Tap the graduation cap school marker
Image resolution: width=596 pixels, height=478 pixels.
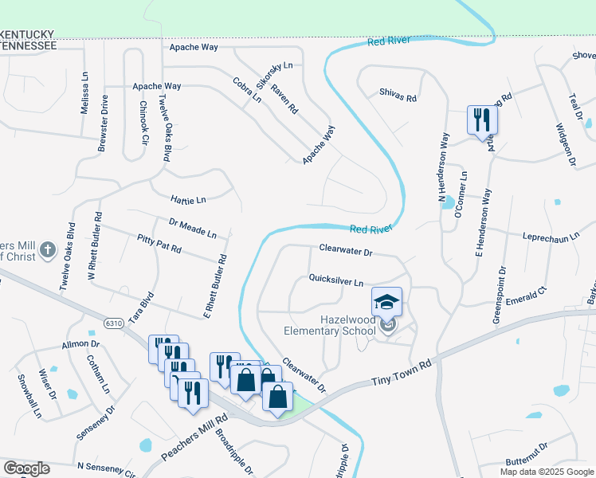(x=386, y=302)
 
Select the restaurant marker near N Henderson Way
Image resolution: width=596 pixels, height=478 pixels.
(x=481, y=120)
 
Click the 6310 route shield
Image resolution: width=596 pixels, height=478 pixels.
(x=115, y=323)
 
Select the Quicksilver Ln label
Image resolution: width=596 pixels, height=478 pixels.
(x=336, y=280)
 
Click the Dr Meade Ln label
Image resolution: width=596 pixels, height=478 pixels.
(x=193, y=229)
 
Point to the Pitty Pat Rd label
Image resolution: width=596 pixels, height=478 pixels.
(x=159, y=244)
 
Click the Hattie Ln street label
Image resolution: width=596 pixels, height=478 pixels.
(x=188, y=198)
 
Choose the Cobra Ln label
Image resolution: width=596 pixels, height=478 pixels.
(x=247, y=90)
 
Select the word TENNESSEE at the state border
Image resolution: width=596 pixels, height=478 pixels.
(x=29, y=46)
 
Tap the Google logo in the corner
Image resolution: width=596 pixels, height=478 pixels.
(x=26, y=468)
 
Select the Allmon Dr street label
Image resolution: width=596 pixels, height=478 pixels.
(x=80, y=344)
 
